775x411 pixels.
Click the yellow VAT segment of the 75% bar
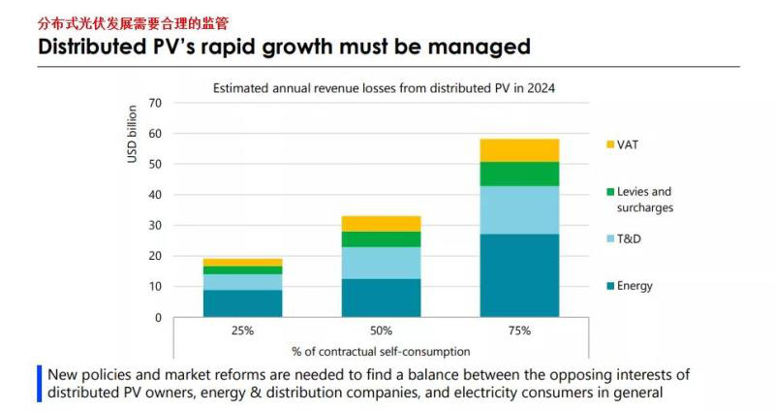pyautogui.click(x=519, y=150)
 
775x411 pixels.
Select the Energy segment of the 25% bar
pyautogui.click(x=242, y=303)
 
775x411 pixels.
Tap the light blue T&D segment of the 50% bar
pyautogui.click(x=381, y=263)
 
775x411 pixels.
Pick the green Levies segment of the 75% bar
pyautogui.click(x=519, y=174)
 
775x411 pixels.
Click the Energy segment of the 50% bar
pyautogui.click(x=381, y=298)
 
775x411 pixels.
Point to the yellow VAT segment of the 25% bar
pyautogui.click(x=242, y=262)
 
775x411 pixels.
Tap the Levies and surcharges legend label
pyautogui.click(x=644, y=200)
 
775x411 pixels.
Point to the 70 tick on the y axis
pyautogui.click(x=155, y=103)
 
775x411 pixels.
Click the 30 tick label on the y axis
pyautogui.click(x=155, y=226)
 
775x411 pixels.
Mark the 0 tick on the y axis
pyautogui.click(x=158, y=318)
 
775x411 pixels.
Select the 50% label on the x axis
pyautogui.click(x=381, y=331)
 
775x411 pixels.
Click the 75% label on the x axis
pyautogui.click(x=519, y=331)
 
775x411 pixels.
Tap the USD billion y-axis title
pyautogui.click(x=133, y=134)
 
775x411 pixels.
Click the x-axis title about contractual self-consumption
pyautogui.click(x=381, y=351)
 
